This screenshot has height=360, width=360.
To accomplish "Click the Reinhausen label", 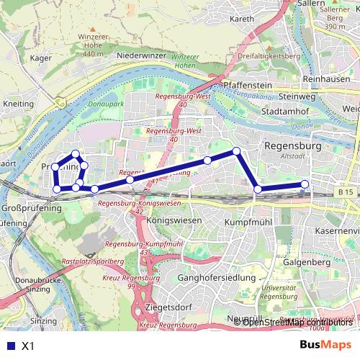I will point(327,79).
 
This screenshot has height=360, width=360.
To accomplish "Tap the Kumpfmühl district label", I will point(248,222).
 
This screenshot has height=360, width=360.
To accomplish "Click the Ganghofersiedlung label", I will point(216,277).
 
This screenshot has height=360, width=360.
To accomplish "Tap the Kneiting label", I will point(18,104).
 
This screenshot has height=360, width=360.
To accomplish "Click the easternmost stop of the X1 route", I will point(305,184).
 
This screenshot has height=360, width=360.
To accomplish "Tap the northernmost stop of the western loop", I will point(76,153).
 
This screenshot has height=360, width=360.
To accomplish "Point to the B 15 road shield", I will point(346,193).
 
